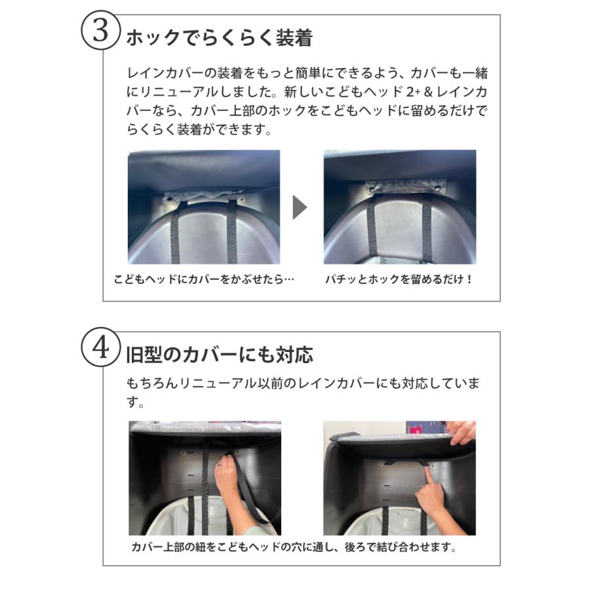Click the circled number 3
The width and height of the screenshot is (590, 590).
tap(100, 30)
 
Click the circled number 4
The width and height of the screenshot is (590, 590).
tap(100, 347)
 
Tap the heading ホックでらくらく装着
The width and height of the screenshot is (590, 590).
tap(220, 38)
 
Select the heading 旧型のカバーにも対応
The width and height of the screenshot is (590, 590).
tap(220, 355)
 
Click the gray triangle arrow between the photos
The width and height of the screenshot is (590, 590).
tap(300, 207)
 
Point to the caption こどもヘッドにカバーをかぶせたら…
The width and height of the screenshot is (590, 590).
tap(204, 279)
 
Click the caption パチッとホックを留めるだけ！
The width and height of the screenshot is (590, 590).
tap(399, 279)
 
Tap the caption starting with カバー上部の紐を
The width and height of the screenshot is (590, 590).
tap(294, 547)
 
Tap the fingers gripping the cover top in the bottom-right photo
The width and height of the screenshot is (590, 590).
tap(462, 432)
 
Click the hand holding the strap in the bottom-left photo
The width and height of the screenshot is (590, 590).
tap(227, 478)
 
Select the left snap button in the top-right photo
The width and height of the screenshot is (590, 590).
tap(372, 189)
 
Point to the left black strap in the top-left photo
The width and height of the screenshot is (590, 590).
tap(175, 233)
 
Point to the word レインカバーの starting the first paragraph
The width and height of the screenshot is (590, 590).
tap(172, 73)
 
